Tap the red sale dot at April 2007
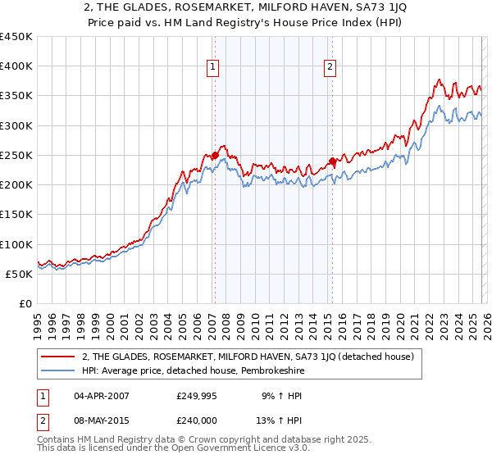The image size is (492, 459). pos(215,155)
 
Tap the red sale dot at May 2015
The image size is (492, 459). pos(332,161)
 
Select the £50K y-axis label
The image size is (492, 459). pos(20,274)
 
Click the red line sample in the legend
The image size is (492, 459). pos(58,357)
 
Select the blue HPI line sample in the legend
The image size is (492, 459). pos(58,370)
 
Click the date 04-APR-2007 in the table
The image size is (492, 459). pos(101,396)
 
